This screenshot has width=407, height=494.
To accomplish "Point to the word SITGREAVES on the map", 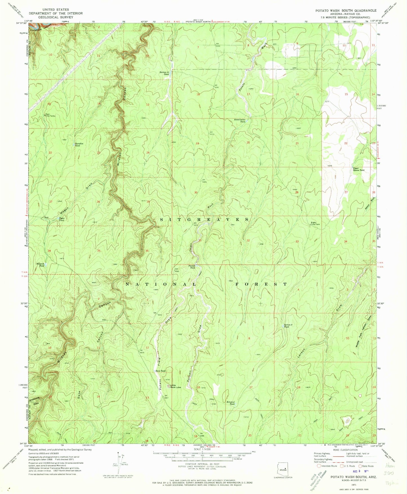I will tap(204, 219).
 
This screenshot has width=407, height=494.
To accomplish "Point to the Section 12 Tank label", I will tap(164, 73).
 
